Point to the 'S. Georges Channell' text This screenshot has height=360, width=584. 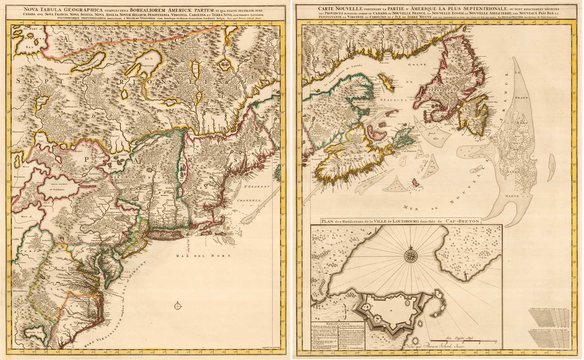click(254, 193)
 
